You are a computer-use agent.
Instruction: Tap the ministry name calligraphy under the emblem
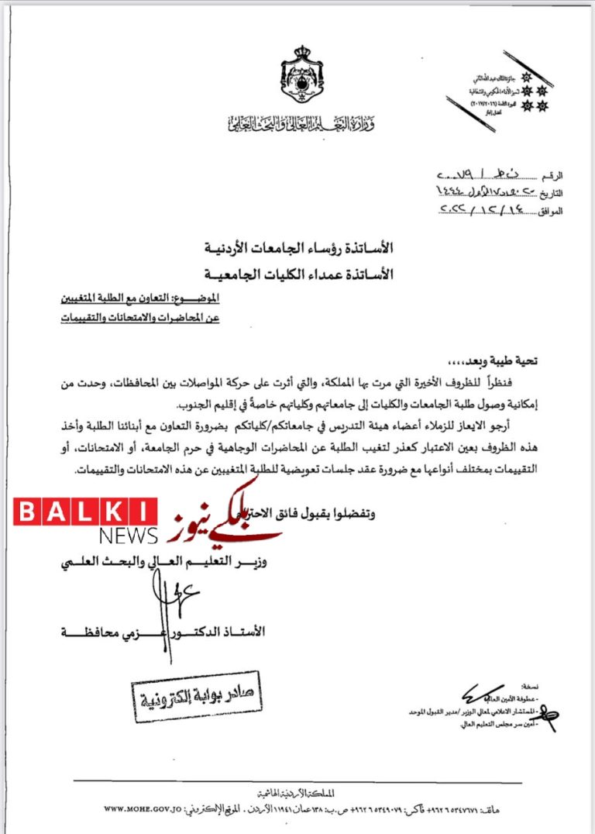pyautogui.click(x=302, y=122)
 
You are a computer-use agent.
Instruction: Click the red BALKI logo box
pyautogui.click(x=85, y=512)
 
